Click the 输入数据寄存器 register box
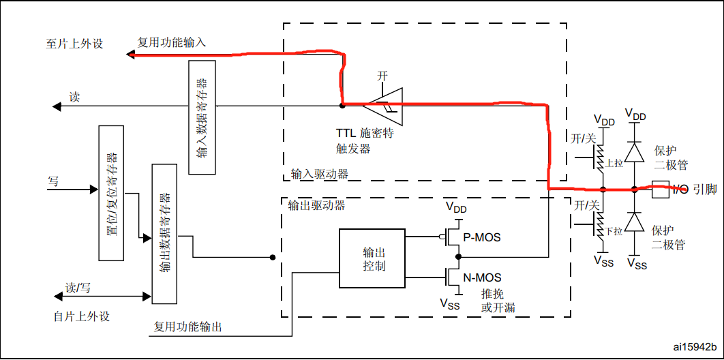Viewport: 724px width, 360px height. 202,117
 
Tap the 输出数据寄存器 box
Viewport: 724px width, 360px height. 164,234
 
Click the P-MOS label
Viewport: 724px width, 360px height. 482,237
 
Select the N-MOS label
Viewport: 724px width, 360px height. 483,277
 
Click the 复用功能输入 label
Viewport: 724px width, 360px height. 172,42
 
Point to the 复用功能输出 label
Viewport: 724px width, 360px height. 187,327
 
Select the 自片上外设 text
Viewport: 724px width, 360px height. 82,316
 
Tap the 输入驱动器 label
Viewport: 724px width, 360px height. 319,174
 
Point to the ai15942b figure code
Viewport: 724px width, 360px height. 693,348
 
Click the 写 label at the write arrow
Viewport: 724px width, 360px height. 53,181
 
